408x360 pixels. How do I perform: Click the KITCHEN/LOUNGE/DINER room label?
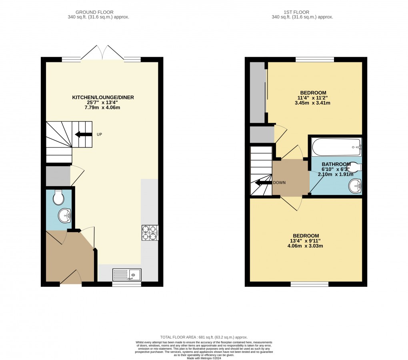pyautogui.click(x=103, y=97)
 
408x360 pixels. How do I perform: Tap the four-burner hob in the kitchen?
pyautogui.click(x=150, y=233)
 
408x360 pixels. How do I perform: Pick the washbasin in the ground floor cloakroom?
pyautogui.click(x=64, y=216)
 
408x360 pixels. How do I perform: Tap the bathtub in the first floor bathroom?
pyautogui.click(x=336, y=147)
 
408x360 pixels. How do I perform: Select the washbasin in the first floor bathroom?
pyautogui.click(x=354, y=185)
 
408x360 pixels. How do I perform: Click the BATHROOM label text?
pyautogui.click(x=336, y=164)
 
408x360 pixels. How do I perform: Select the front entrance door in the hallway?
pyautogui.click(x=70, y=277)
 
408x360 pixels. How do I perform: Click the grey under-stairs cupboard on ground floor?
pyautogui.click(x=58, y=176)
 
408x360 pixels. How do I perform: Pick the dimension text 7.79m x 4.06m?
pyautogui.click(x=103, y=108)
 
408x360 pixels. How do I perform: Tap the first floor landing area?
pyautogui.click(x=291, y=177)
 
